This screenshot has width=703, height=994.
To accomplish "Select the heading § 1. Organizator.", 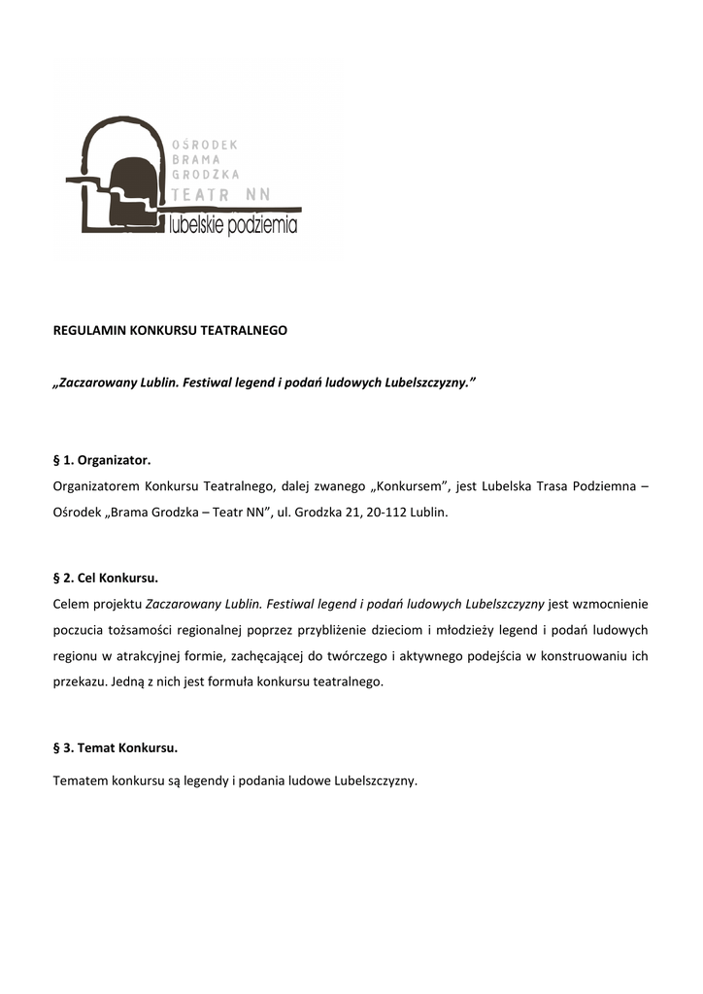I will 102,459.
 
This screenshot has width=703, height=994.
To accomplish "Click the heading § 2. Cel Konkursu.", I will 105,579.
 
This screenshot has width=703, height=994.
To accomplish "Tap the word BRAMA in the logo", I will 197,159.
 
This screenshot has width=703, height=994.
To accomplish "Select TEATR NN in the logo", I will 220,195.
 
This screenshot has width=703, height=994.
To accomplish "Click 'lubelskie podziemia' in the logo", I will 233,227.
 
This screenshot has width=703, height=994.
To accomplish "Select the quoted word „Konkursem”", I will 406,485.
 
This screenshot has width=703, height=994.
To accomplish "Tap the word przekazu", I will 80,681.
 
